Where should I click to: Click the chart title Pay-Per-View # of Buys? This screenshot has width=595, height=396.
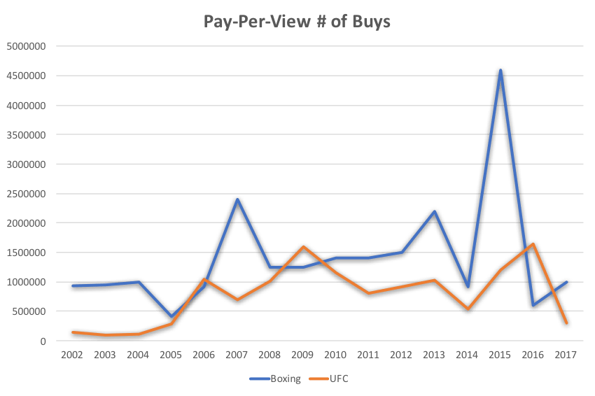point(297,22)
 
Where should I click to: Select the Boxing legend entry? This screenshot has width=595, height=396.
point(276,379)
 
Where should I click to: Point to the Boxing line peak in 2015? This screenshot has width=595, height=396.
point(500,69)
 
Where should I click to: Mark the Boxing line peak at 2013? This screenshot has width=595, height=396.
point(435,210)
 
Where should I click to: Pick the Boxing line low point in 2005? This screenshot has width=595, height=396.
point(171,316)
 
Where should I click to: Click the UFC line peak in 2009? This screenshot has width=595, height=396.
point(303,246)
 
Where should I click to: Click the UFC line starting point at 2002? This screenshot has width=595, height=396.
point(72,331)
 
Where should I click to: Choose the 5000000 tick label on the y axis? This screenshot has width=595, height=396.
point(27,47)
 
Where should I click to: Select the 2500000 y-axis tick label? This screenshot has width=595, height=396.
point(27,194)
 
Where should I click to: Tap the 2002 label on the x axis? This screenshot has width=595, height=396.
point(72,355)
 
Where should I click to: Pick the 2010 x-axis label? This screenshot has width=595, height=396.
point(336,355)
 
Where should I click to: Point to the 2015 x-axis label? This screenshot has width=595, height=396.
point(500,355)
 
